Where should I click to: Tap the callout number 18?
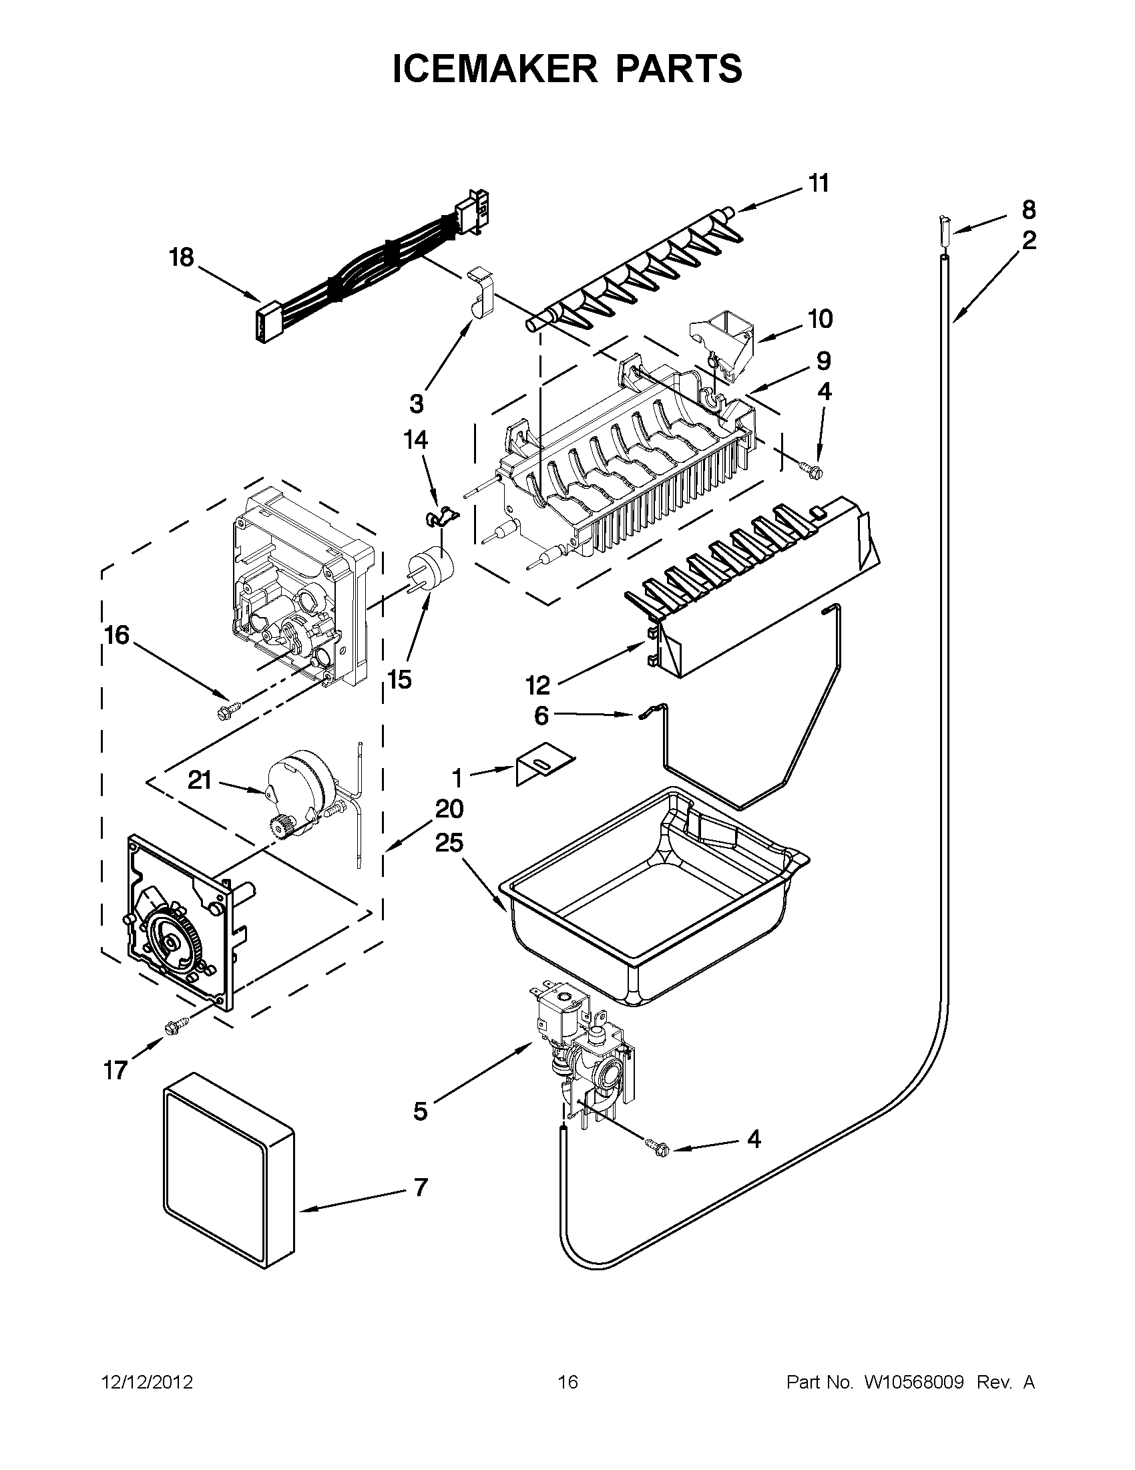point(182,258)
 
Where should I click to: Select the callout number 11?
point(818,183)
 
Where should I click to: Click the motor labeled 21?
point(299,791)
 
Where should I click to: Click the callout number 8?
point(1028,210)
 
